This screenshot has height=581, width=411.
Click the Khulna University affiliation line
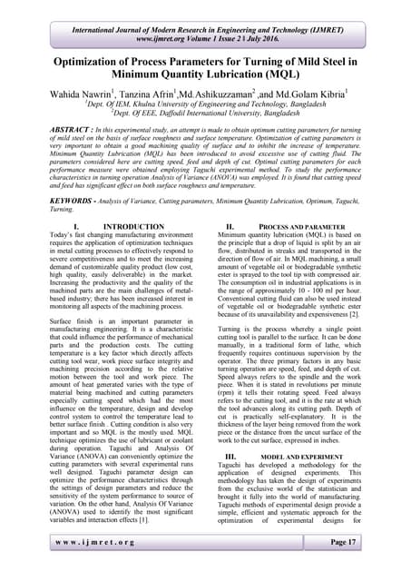click(205, 105)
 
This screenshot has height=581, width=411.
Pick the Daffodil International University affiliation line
click(205, 115)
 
